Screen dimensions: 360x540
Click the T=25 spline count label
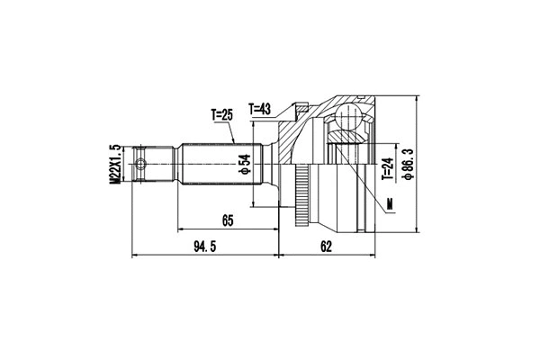222,115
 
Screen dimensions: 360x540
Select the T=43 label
258,110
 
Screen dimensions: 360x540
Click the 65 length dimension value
228,219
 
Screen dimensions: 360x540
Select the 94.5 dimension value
207,246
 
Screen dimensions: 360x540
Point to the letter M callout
390,206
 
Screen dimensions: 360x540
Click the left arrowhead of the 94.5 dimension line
135,256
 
